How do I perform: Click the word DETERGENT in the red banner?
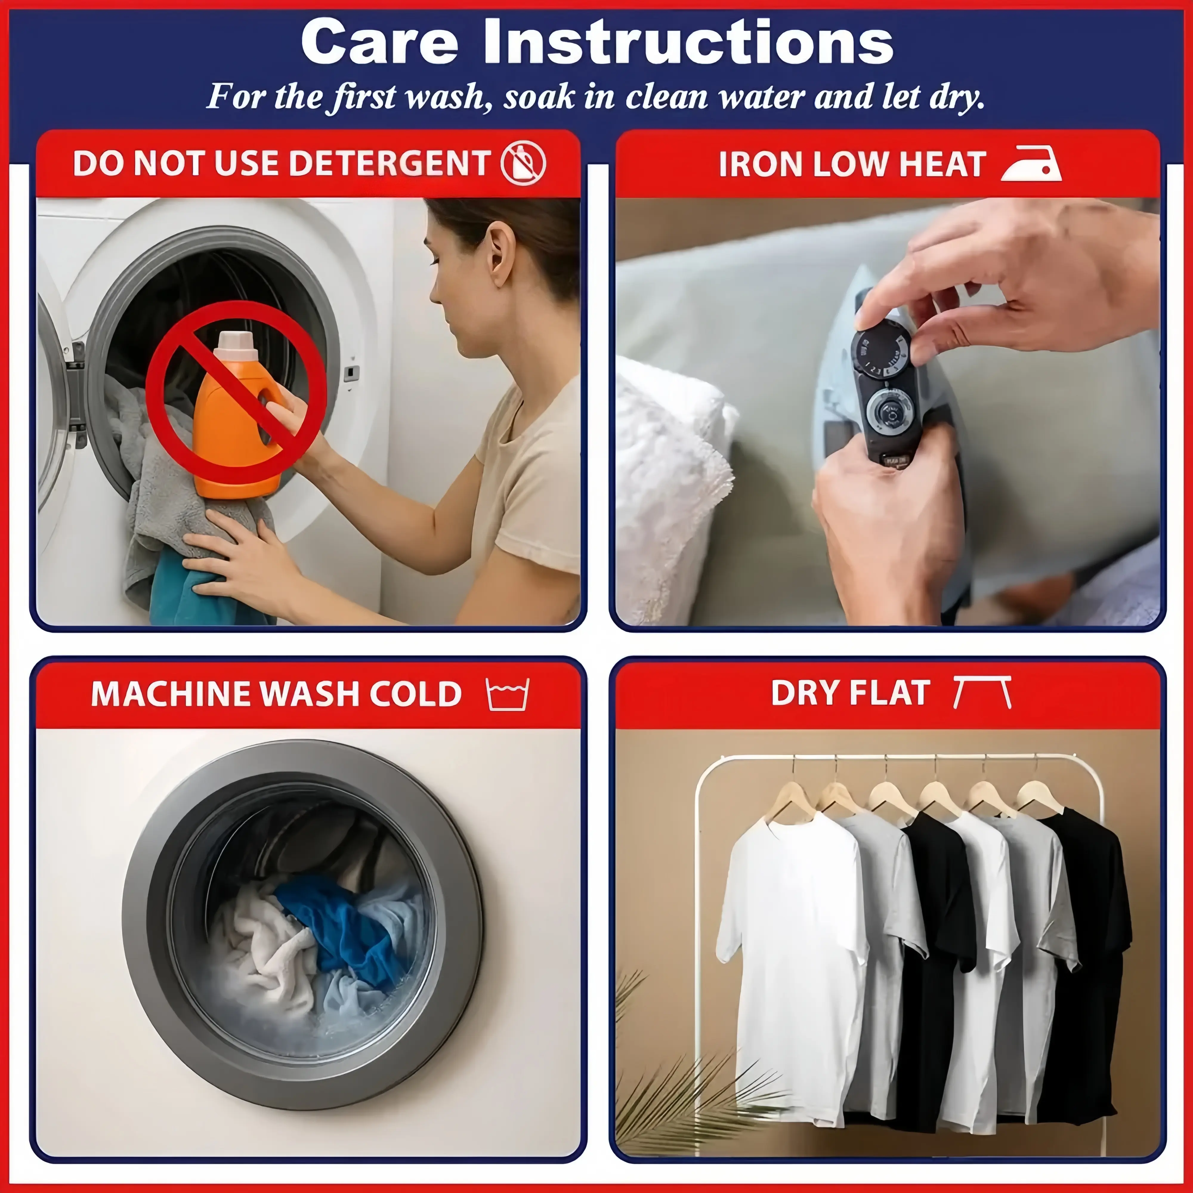[x=390, y=164]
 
